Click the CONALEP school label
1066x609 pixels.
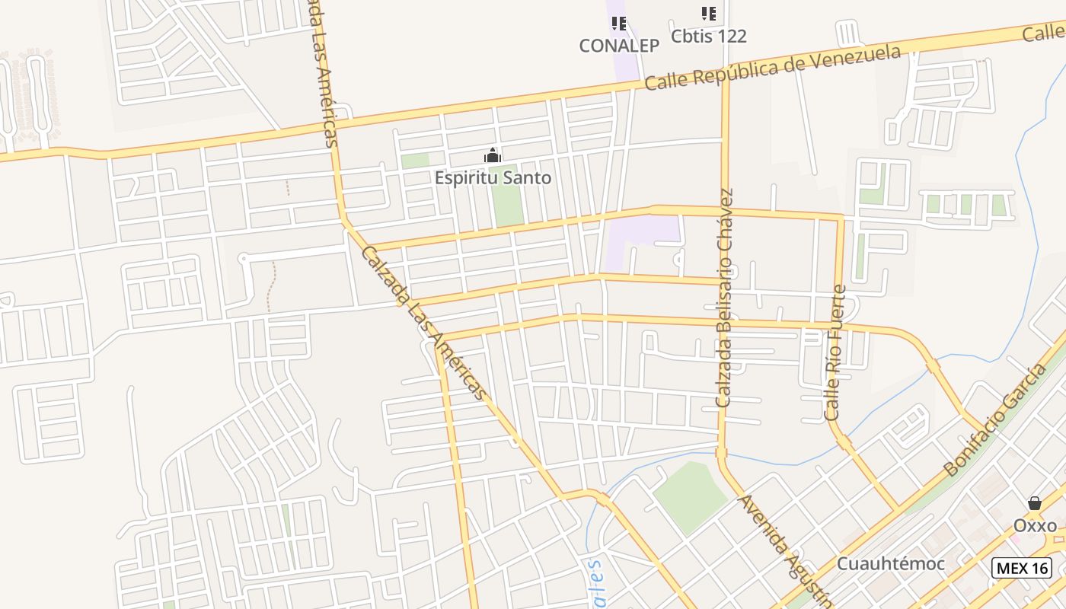tap(619, 46)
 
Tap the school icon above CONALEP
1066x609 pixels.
tap(619, 24)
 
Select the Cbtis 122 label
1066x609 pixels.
tap(708, 36)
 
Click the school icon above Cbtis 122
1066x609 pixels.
tap(709, 14)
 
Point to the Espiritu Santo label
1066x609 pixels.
tap(493, 178)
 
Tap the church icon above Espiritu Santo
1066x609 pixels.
tap(493, 156)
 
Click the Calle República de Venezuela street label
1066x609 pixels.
tap(772, 68)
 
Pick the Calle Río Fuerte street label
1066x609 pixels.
tap(835, 352)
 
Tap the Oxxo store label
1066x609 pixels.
tap(1035, 525)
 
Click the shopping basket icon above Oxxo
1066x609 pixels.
tap(1035, 503)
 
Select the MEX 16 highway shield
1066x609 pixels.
tap(1022, 568)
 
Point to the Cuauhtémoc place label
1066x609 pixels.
tap(890, 564)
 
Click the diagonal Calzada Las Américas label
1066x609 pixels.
tap(423, 322)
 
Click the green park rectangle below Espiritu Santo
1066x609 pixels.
tap(507, 196)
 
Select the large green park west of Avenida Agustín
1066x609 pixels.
tap(690, 496)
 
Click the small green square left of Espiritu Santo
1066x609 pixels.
tap(415, 161)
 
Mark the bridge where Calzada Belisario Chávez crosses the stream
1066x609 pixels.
tap(721, 454)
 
